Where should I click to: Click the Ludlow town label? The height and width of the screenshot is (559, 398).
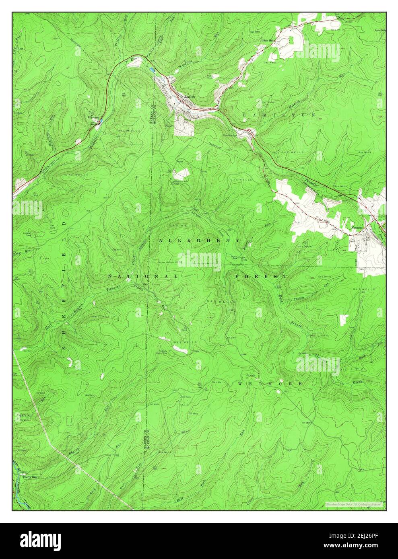point(190,97)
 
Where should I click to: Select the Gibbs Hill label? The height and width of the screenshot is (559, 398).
point(267,41)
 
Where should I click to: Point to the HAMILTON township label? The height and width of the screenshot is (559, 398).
point(279,115)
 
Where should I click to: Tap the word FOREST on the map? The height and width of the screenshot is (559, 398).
point(261,277)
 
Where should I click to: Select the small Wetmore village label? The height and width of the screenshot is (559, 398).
point(357,227)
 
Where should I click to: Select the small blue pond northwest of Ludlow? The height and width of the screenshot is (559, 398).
point(152,70)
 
